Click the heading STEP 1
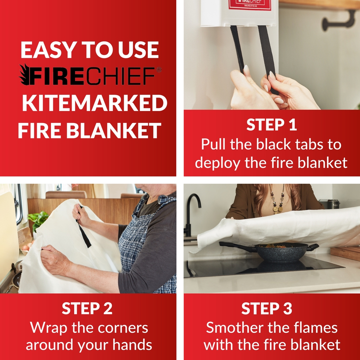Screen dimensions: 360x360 click(271, 125)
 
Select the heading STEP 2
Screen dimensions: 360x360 click(87, 308)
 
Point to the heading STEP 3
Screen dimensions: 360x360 click(271, 308)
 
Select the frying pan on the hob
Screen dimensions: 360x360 click(270, 251)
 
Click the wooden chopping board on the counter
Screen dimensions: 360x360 click(345, 253)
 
